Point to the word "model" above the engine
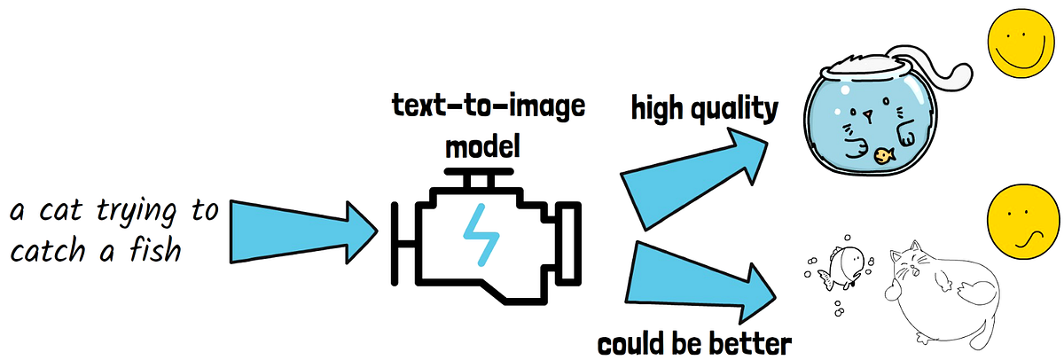click(x=482, y=145)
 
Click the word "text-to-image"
click(x=489, y=107)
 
